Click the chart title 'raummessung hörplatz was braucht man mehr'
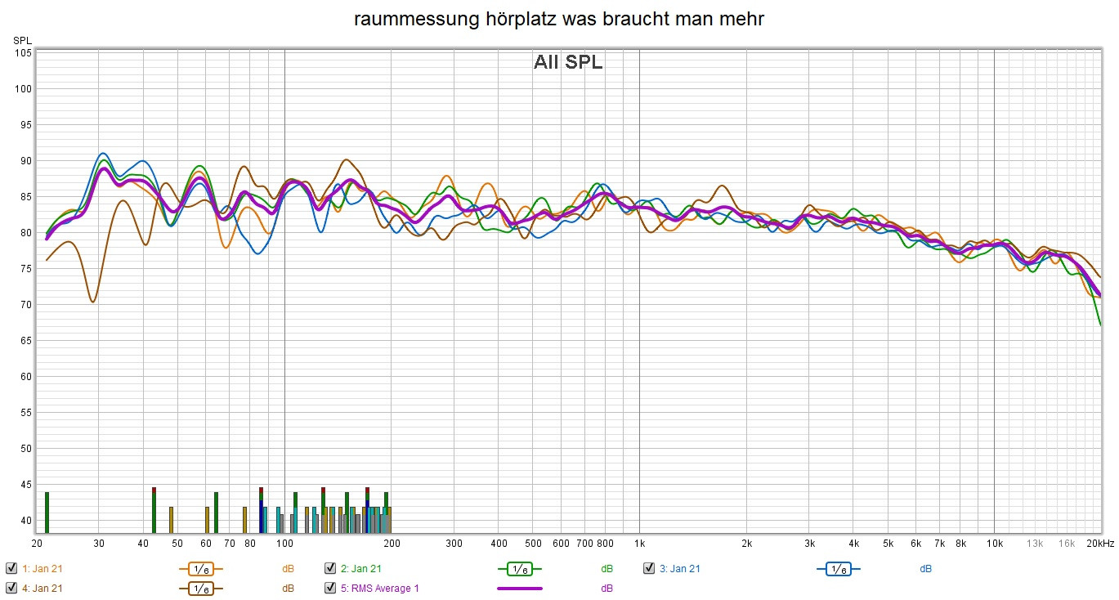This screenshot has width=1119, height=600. pos(559,20)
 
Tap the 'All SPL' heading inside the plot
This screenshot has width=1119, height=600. pos(568,63)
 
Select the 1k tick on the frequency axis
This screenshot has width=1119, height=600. pos(639,544)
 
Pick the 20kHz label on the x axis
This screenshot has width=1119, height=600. pos(1099,544)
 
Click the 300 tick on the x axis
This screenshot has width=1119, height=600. pos(454,544)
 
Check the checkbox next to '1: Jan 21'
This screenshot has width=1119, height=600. pos(11,568)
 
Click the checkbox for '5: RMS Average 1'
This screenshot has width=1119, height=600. pos(330,588)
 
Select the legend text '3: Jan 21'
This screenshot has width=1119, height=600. pos(679,569)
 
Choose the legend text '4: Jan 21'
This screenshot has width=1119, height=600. pos(42,589)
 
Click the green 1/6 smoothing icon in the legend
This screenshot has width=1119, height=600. pos(519,569)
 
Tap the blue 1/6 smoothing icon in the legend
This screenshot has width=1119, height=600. pos(838,569)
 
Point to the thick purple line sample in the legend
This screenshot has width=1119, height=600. pos(519,589)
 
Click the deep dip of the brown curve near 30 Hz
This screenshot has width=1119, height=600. pos(93,302)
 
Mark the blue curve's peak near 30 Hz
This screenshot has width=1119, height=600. pos(102,154)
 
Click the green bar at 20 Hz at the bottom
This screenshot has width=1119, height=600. pos(47,512)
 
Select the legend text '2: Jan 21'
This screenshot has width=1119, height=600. pos(360,569)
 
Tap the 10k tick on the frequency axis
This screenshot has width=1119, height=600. pos(994,544)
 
